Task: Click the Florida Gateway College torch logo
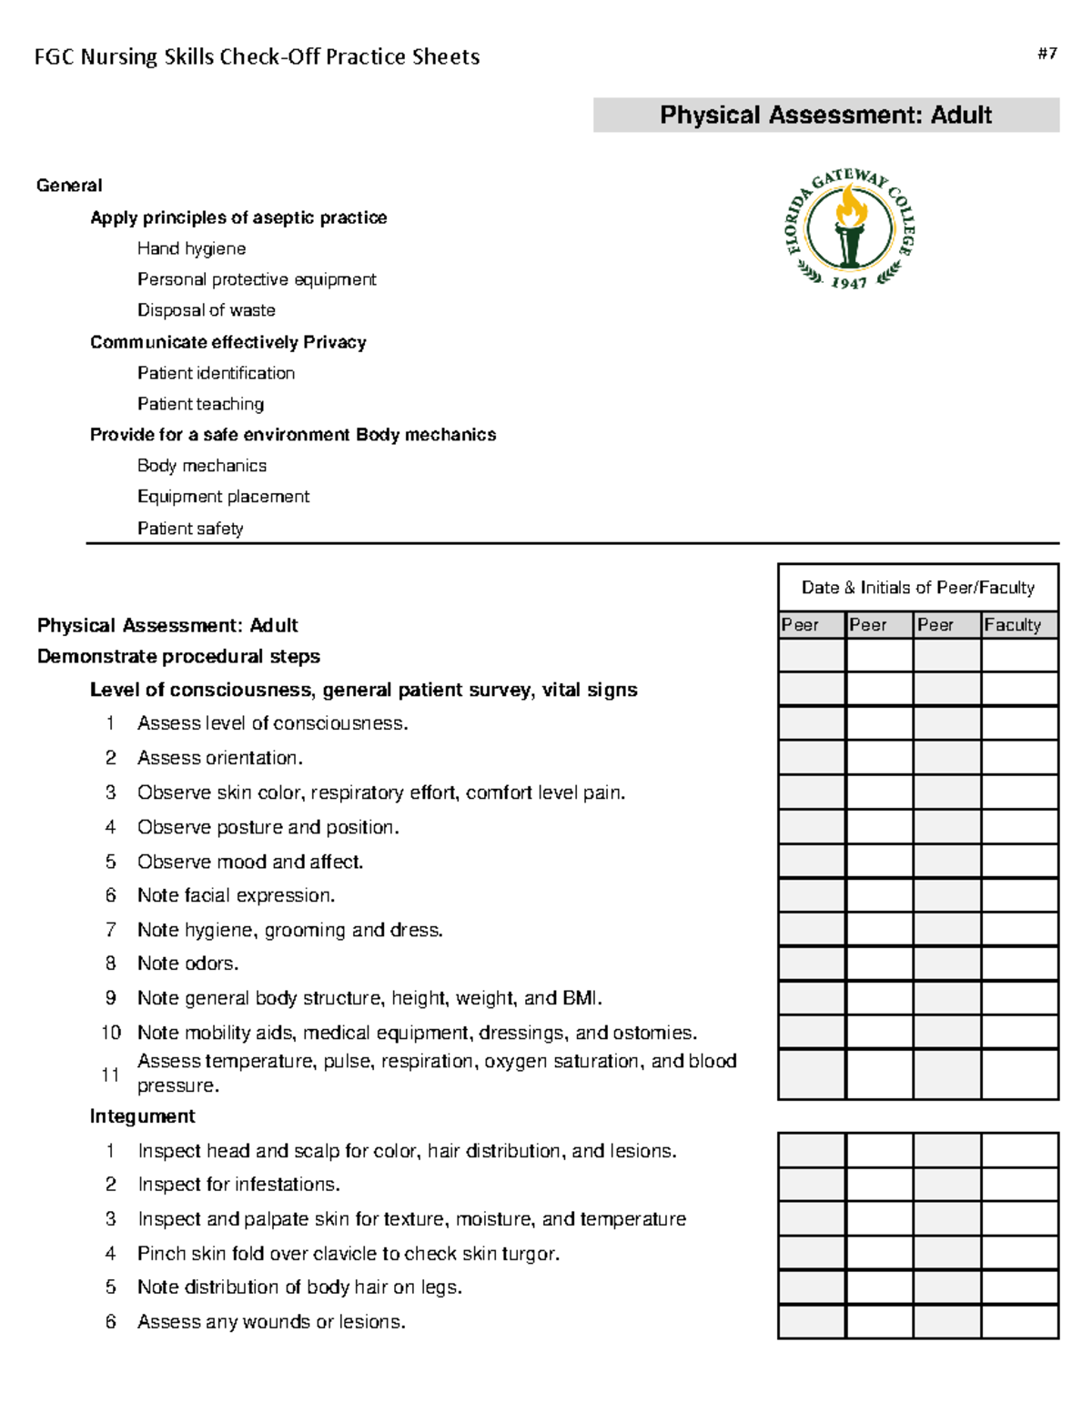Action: click(x=849, y=228)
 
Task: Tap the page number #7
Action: click(x=1046, y=54)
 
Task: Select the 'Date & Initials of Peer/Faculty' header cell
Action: click(x=917, y=588)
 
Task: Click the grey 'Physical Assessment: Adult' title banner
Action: click(x=825, y=116)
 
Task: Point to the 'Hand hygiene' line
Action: click(x=191, y=248)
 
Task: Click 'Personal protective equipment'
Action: click(x=257, y=279)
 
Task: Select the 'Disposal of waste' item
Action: click(x=206, y=310)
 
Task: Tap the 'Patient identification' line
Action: click(x=216, y=373)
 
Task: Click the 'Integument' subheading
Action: click(x=142, y=1116)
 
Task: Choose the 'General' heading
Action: click(x=69, y=186)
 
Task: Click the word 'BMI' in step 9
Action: click(x=581, y=998)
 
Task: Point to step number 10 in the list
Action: click(x=110, y=1033)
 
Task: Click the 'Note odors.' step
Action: click(x=187, y=964)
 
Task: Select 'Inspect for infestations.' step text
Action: click(x=238, y=1185)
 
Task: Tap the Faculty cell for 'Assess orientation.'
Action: click(x=1019, y=757)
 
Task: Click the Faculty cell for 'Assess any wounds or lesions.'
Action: click(x=1019, y=1321)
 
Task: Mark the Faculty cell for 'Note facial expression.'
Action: click(x=1019, y=895)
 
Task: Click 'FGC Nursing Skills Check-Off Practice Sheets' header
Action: click(x=257, y=57)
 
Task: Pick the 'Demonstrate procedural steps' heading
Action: click(x=178, y=657)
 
